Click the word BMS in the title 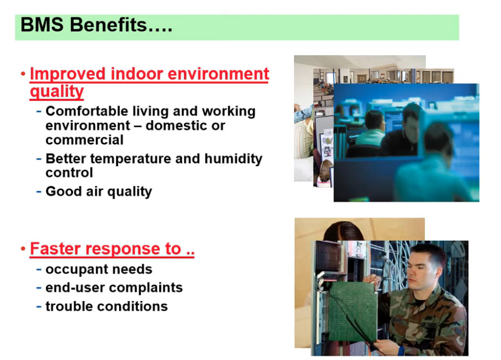[42, 24]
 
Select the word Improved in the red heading [67, 74]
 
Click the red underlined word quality [57, 91]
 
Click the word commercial [84, 140]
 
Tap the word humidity [233, 159]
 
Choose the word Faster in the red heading [55, 248]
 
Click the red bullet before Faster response [23, 248]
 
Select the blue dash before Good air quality [39, 191]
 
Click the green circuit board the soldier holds [353, 311]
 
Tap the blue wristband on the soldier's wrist [401, 351]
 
